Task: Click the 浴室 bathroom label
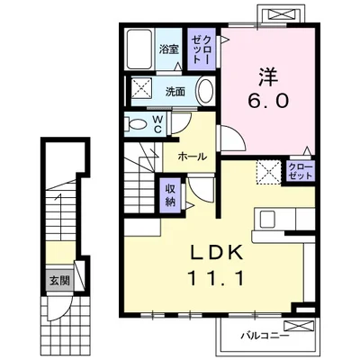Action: coord(168,50)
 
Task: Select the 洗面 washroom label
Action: coord(175,91)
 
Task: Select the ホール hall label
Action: coord(193,156)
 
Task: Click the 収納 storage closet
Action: coord(170,193)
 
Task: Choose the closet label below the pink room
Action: coord(300,172)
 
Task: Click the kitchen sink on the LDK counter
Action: coord(269,220)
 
